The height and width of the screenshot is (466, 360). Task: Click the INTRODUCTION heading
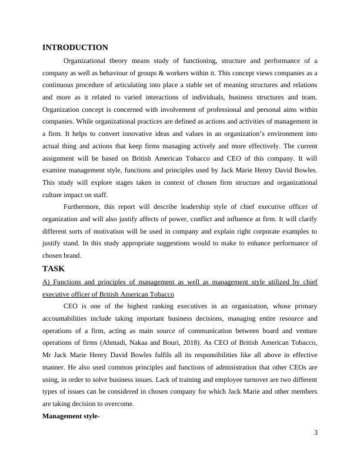75,48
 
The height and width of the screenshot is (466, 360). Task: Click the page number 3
315,434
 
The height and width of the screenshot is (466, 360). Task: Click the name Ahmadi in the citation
125,342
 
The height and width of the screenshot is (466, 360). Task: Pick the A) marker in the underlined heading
46,281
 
